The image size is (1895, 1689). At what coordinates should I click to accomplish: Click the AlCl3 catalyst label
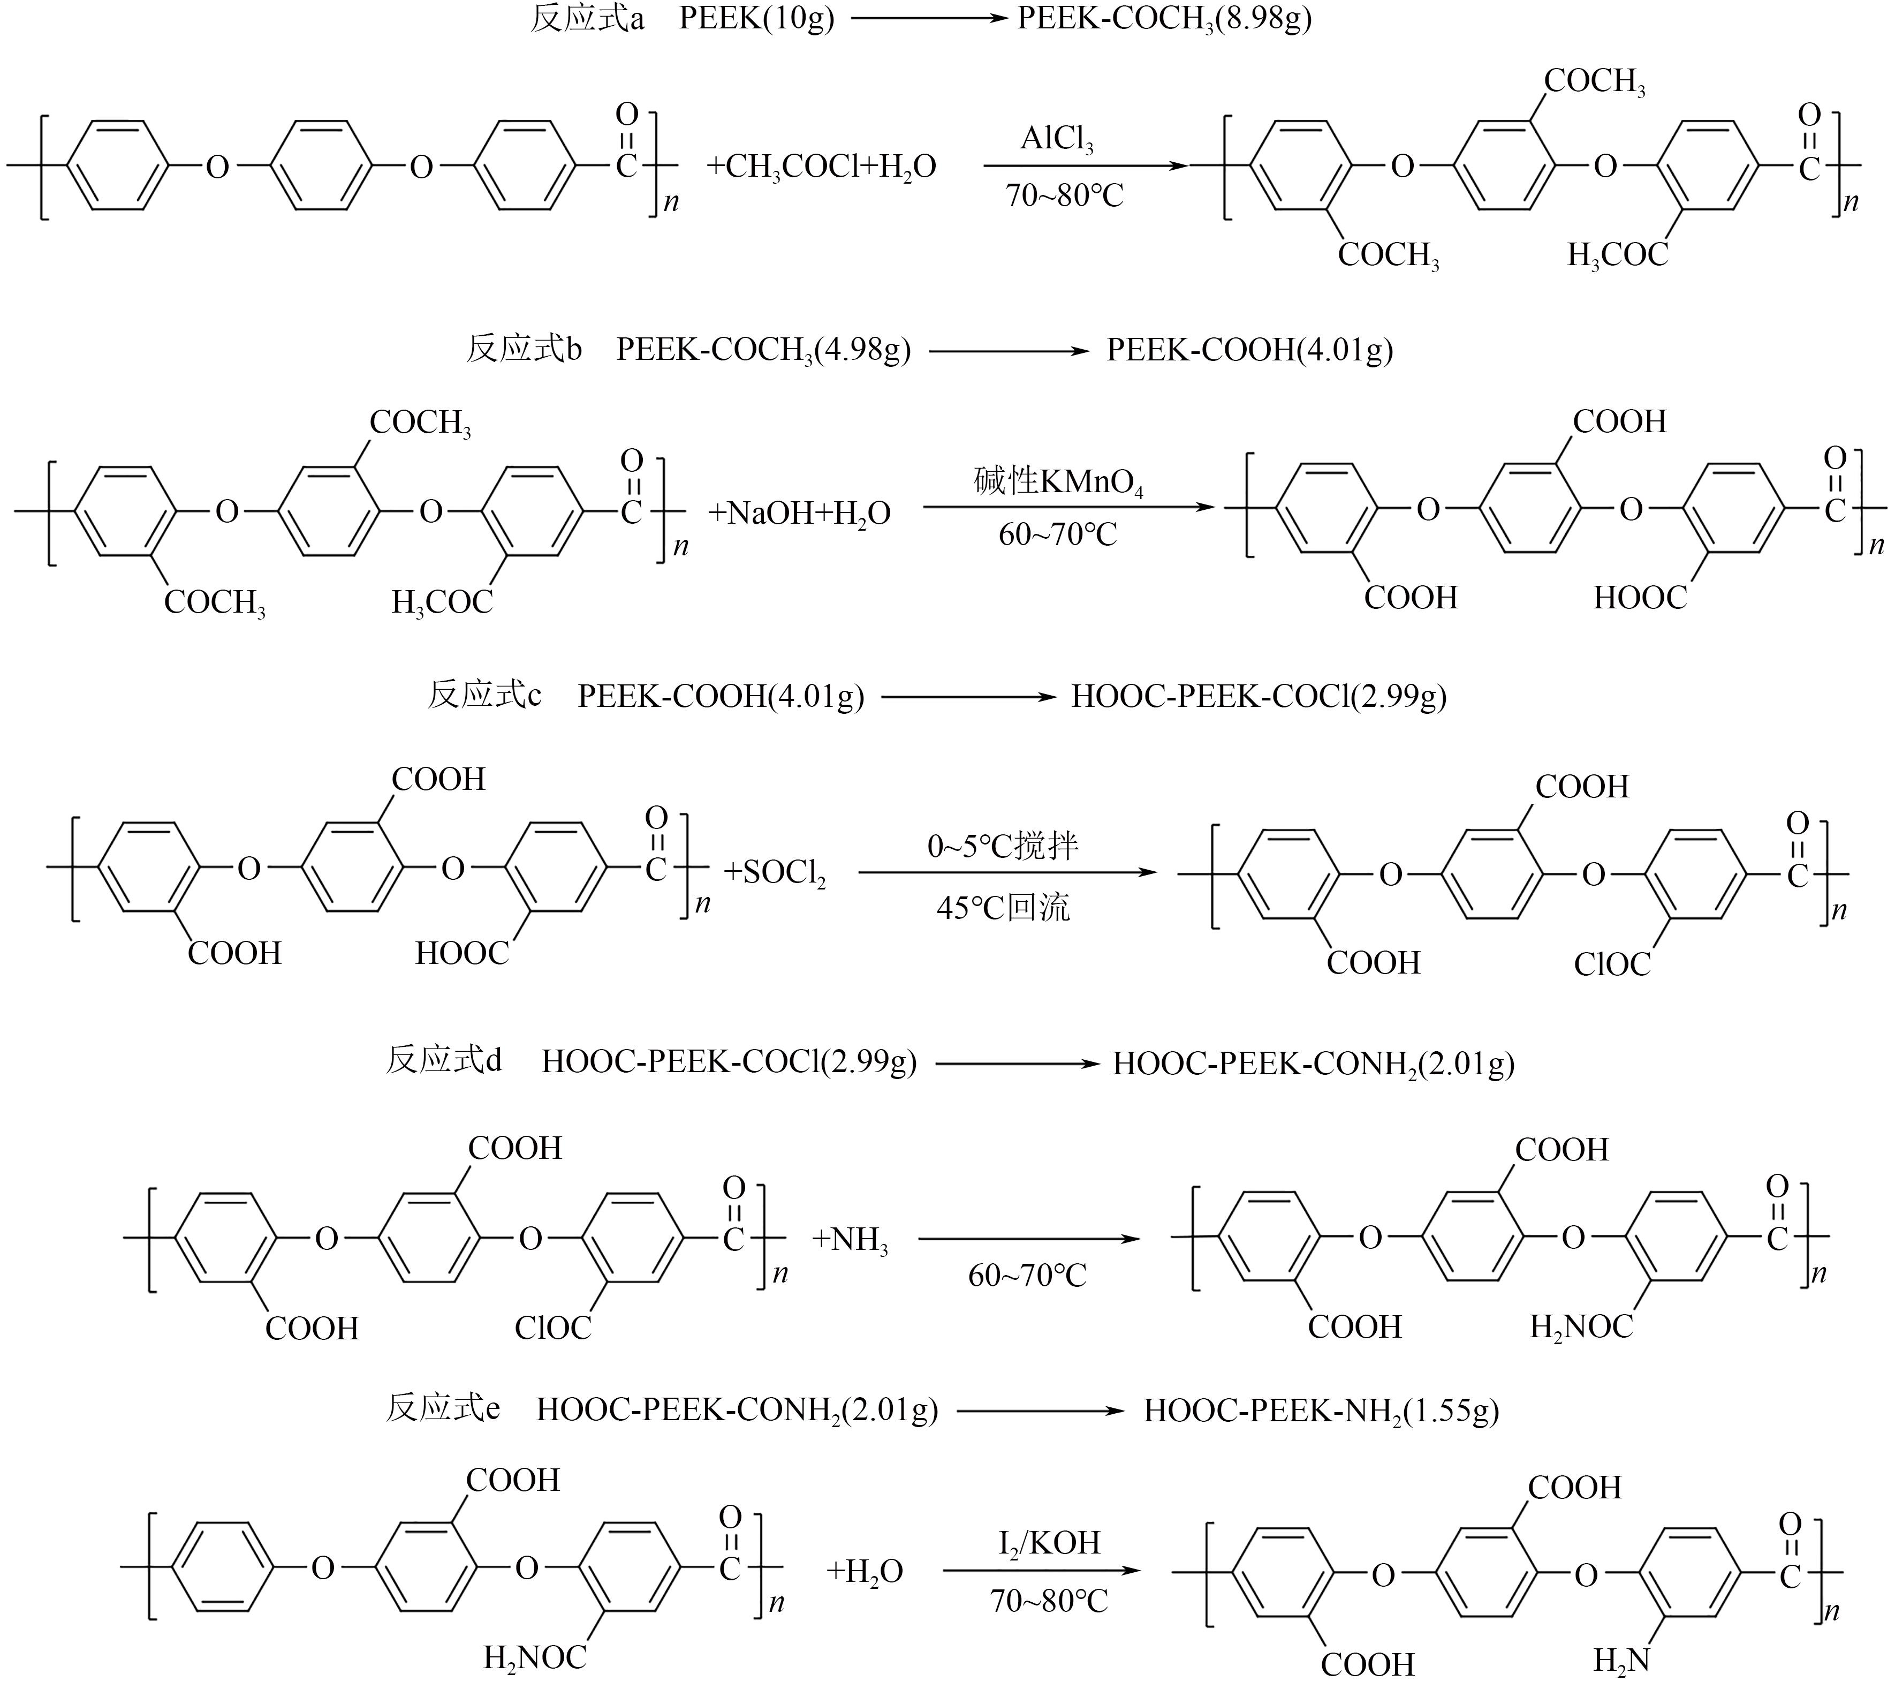(1057, 139)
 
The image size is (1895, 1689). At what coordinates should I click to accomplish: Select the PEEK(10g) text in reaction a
(756, 19)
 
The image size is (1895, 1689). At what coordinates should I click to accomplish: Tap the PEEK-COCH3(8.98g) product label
(1164, 19)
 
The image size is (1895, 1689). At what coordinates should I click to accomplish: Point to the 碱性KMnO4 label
(1057, 481)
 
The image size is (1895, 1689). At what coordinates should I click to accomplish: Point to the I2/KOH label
(1049, 1542)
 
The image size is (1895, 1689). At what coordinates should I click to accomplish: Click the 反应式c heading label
(484, 695)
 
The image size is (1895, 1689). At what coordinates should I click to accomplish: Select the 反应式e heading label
(443, 1409)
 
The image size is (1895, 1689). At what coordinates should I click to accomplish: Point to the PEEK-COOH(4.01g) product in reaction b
(1249, 350)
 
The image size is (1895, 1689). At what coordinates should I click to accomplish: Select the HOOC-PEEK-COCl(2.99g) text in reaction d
(729, 1062)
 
